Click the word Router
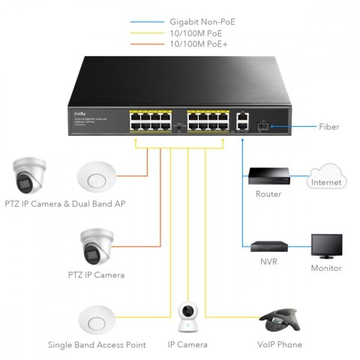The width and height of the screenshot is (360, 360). coord(268,194)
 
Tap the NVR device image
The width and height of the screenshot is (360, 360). coord(268,247)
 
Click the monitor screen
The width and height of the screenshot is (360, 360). coord(326,245)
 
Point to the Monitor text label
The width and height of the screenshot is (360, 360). coord(326,267)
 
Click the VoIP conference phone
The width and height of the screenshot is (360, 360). coord(279,320)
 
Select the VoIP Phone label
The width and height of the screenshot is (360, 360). coord(279,344)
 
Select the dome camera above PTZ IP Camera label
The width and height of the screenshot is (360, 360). coord(97,247)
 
